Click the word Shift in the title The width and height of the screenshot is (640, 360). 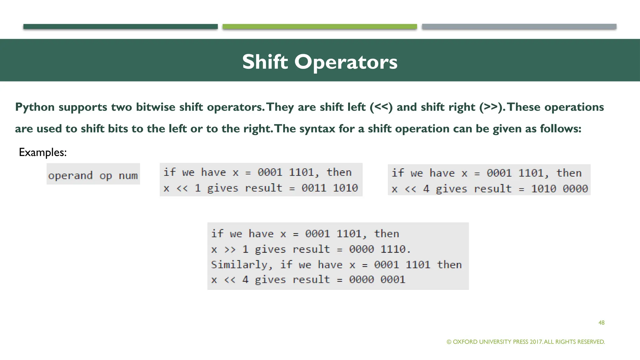click(x=265, y=62)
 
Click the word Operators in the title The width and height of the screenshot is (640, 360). click(x=346, y=62)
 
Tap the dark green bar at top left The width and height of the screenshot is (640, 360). click(x=120, y=27)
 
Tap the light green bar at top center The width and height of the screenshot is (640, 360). click(x=320, y=27)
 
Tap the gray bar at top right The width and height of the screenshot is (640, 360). click(x=519, y=27)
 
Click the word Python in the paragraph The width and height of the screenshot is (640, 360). click(x=35, y=107)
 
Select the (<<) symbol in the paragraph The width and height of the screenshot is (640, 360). click(x=381, y=107)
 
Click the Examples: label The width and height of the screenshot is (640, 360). click(x=42, y=152)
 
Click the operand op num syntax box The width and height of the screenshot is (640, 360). click(x=93, y=175)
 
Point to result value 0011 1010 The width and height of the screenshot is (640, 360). click(x=329, y=188)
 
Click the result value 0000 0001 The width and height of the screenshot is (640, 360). click(x=377, y=279)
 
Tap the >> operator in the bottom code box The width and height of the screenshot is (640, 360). click(x=230, y=249)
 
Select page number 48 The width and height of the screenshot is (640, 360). click(x=601, y=322)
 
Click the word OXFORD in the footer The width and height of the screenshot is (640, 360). click(x=465, y=342)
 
